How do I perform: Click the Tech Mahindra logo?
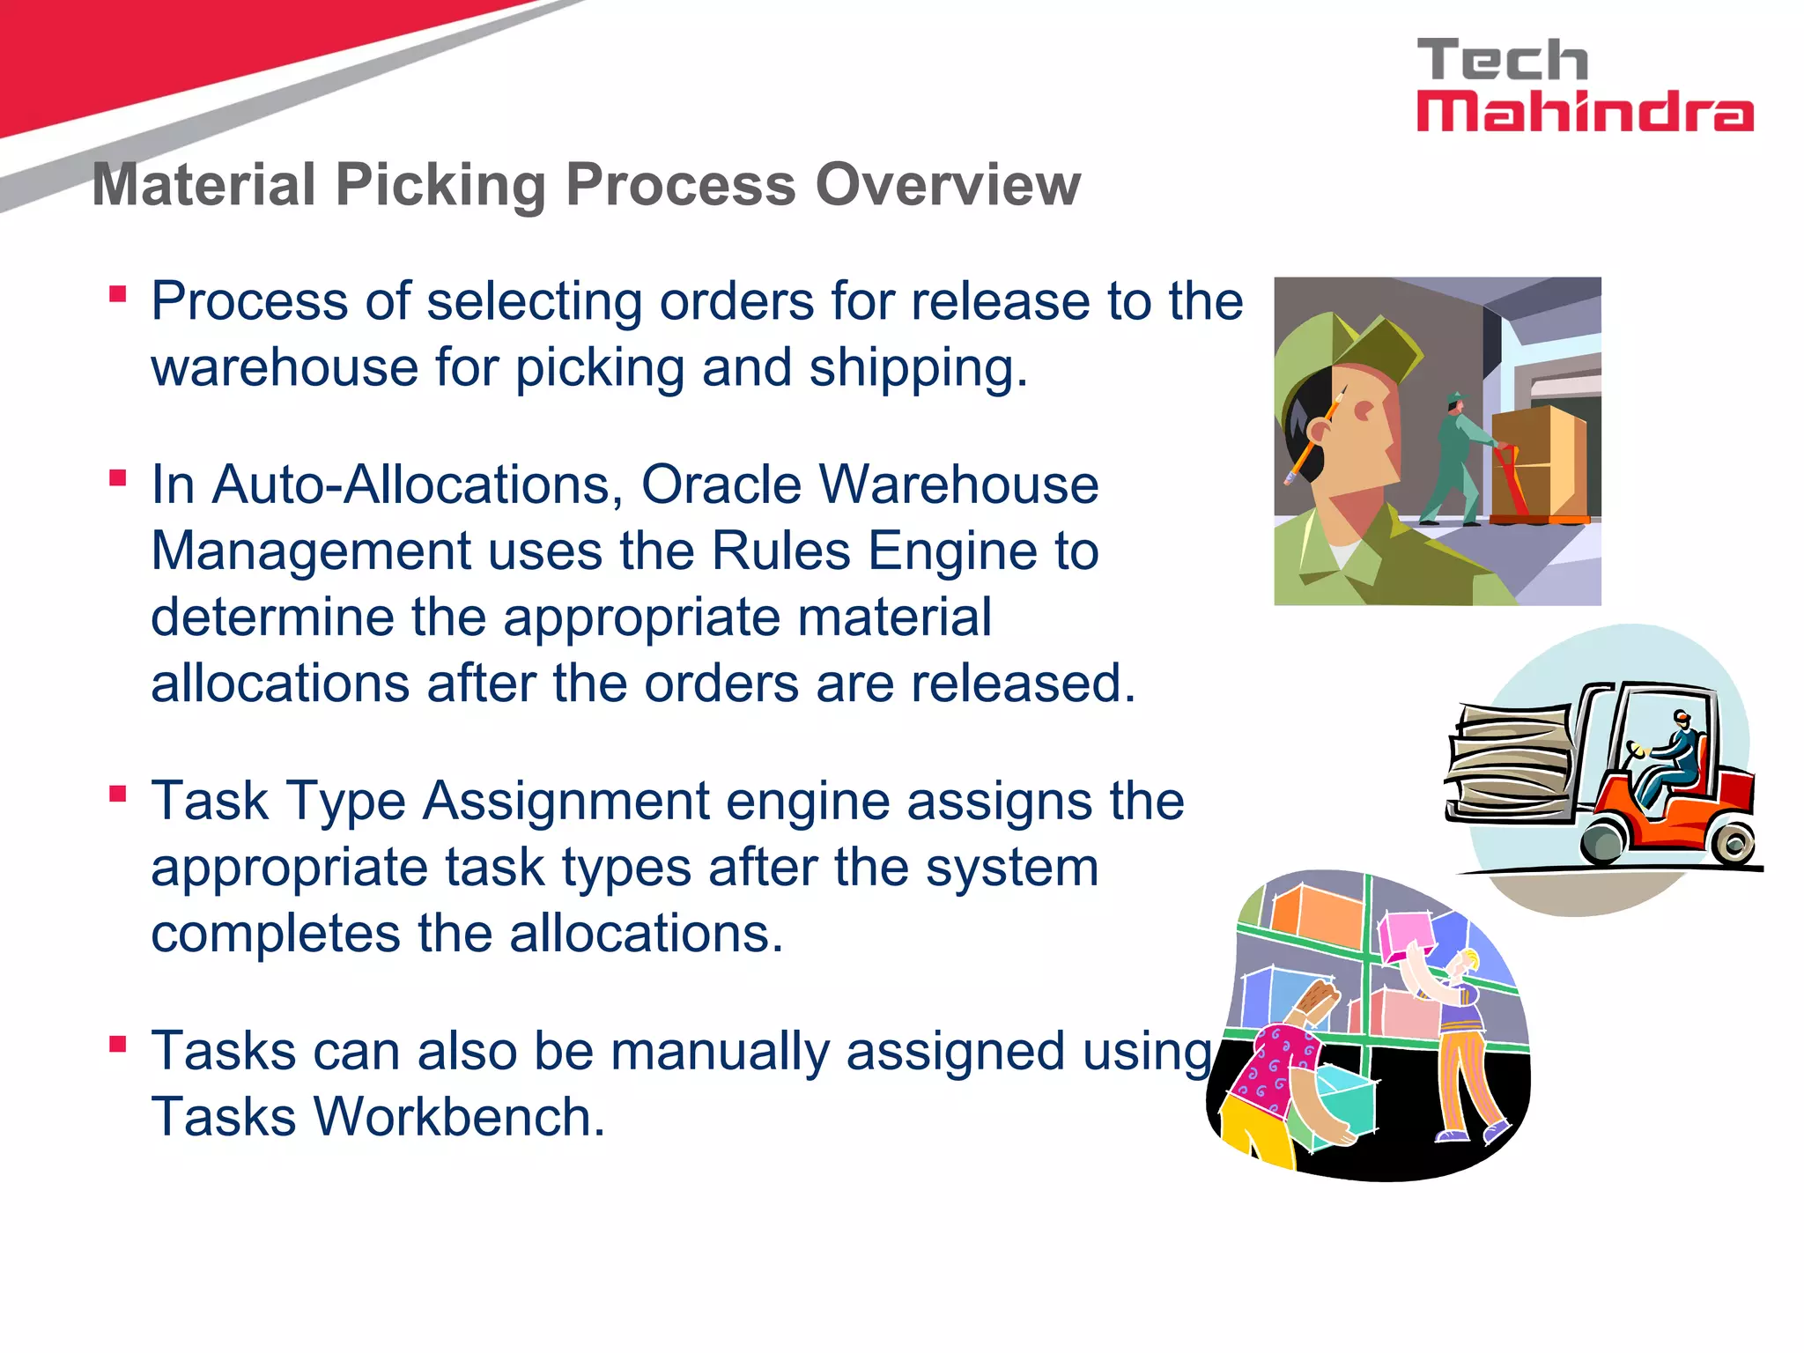[1584, 85]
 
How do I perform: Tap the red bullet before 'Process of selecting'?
[118, 293]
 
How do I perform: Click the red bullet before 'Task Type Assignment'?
[118, 794]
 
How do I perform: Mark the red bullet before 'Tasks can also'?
[118, 1044]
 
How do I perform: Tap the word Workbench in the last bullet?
[459, 1117]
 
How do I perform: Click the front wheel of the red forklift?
[1605, 841]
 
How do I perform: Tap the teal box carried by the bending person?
[1343, 1106]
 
